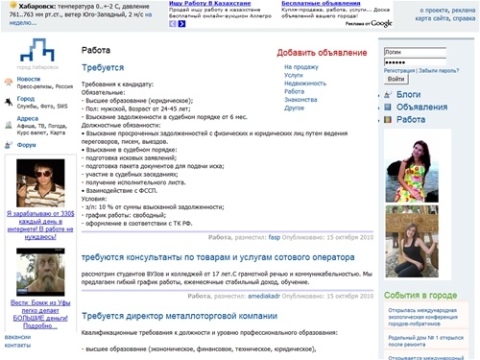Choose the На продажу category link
[x=300, y=67]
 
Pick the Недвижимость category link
[x=305, y=84]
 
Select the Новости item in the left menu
[x=29, y=80]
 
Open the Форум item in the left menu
[x=27, y=145]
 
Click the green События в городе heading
[x=420, y=296]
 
